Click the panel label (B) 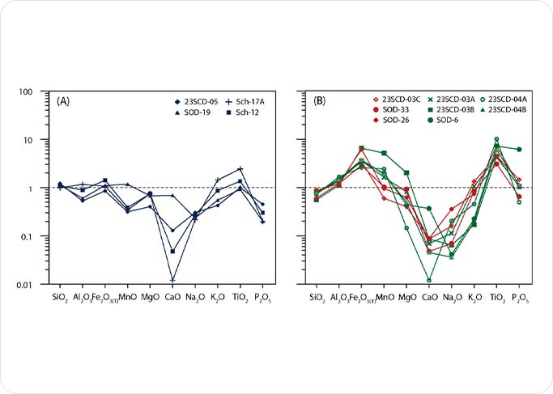click(321, 100)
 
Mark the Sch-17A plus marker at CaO click(172, 280)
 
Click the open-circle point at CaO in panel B click(429, 280)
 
